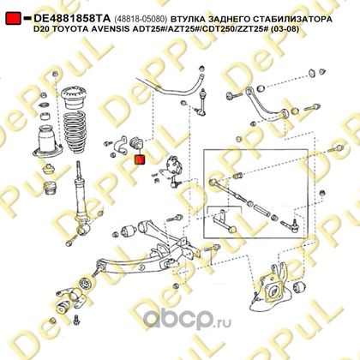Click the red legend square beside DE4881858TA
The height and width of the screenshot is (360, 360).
pyautogui.click(x=13, y=18)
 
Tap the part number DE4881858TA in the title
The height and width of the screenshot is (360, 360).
pyautogui.click(x=72, y=19)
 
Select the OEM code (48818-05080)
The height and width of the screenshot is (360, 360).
pyautogui.click(x=141, y=19)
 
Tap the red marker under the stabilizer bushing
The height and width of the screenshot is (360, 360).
pyautogui.click(x=140, y=159)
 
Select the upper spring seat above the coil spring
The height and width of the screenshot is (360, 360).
pyautogui.click(x=74, y=99)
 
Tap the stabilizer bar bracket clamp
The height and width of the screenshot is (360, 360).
pyautogui.click(x=120, y=146)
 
